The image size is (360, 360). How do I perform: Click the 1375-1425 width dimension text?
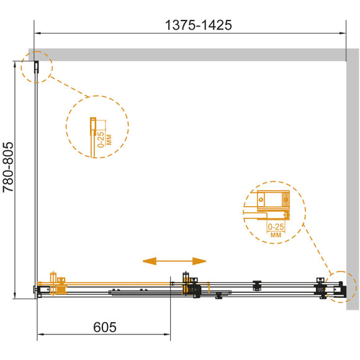click(x=199, y=25)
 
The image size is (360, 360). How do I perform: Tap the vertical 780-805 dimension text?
click(x=8, y=167)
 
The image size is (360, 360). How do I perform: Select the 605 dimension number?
click(x=105, y=327)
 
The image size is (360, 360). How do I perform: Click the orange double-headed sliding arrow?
click(x=174, y=261)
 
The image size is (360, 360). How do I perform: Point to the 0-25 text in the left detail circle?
click(x=101, y=140)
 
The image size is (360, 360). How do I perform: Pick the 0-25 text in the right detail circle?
click(x=276, y=227)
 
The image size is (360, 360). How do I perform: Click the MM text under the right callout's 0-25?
click(x=276, y=235)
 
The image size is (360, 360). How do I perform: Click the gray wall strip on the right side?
click(x=353, y=179)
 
